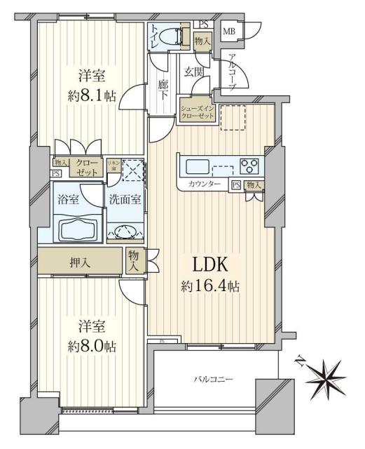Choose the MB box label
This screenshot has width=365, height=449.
click(229, 31)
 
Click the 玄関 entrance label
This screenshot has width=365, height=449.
click(194, 71)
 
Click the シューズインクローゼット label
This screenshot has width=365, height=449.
click(196, 112)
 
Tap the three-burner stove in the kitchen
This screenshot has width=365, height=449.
click(249, 166)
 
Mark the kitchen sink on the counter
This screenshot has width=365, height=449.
click(195, 167)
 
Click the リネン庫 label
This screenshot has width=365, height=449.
click(112, 165)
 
